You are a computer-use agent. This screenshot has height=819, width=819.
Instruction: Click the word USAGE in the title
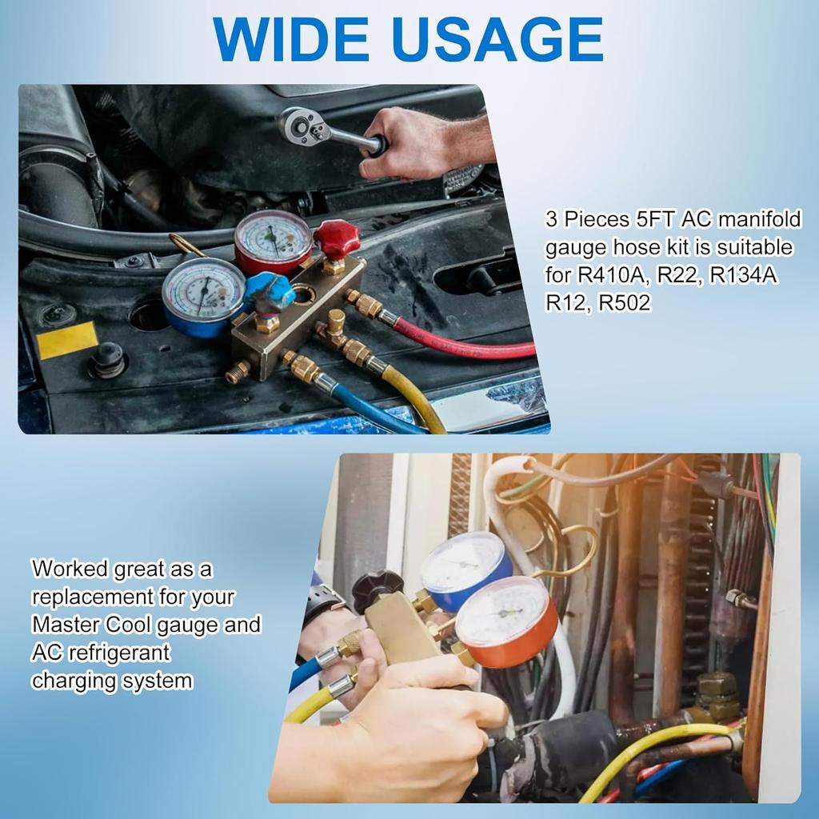(x=499, y=38)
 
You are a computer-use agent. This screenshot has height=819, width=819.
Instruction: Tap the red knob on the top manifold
(x=336, y=238)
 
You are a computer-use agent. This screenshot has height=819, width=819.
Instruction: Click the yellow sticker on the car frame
(x=67, y=341)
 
